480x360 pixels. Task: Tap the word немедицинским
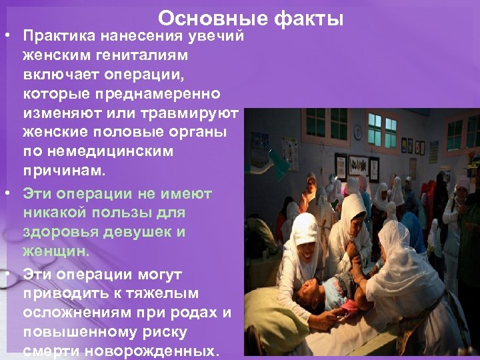[x=97, y=153]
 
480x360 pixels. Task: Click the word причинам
[x=64, y=173]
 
